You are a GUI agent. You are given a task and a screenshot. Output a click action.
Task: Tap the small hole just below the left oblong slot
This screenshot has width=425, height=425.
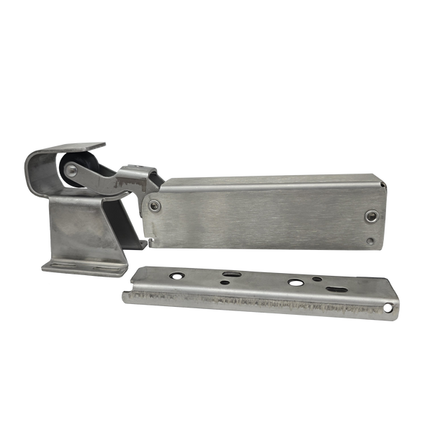(x=225, y=283)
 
